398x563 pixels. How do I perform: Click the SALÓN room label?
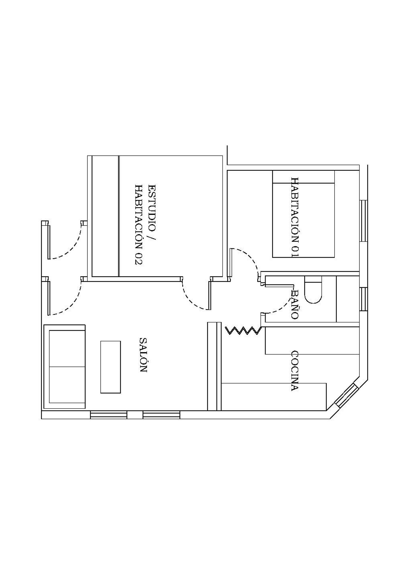click(143, 355)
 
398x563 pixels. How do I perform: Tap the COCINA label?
click(295, 371)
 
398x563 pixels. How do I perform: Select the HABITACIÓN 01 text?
click(295, 217)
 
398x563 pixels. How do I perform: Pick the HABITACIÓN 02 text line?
click(139, 225)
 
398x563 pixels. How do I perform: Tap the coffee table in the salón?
click(110, 367)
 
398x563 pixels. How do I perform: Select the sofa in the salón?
click(64, 367)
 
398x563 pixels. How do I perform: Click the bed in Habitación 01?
click(303, 214)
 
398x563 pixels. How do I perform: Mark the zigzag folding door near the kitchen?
click(243, 330)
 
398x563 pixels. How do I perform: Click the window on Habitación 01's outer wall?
click(364, 221)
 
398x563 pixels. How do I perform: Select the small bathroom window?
click(364, 299)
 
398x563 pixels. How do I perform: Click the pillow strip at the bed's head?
click(303, 177)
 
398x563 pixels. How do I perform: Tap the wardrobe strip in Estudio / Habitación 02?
click(105, 216)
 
